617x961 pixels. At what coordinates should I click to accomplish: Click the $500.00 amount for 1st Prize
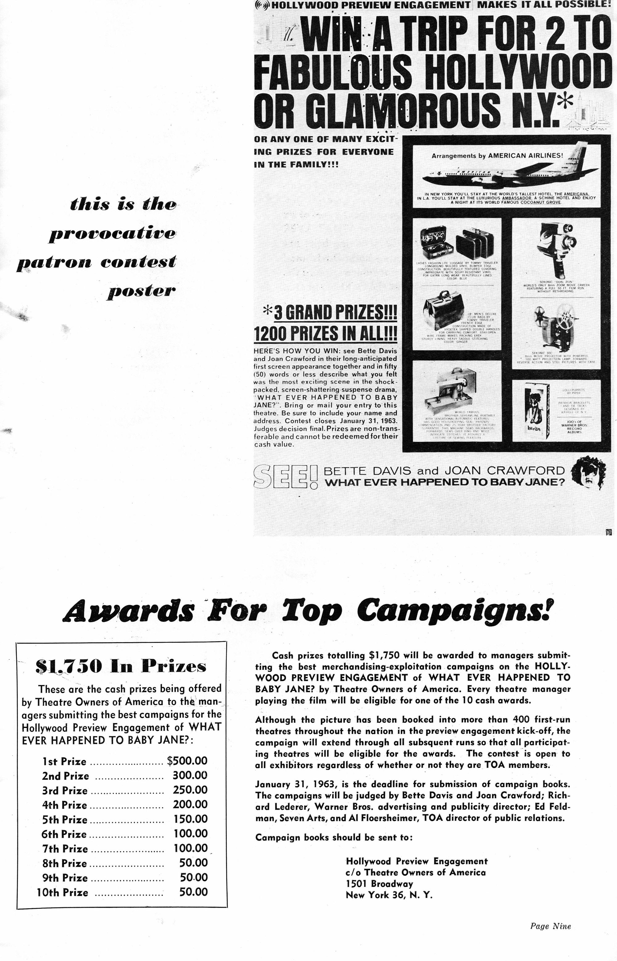click(x=187, y=761)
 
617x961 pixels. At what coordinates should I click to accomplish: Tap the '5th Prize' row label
click(x=64, y=820)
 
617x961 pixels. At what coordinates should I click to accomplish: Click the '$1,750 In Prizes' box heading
click(x=121, y=666)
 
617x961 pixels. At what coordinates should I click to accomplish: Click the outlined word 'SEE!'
click(x=286, y=476)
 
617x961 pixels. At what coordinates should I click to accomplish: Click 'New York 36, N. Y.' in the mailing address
click(x=389, y=894)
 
